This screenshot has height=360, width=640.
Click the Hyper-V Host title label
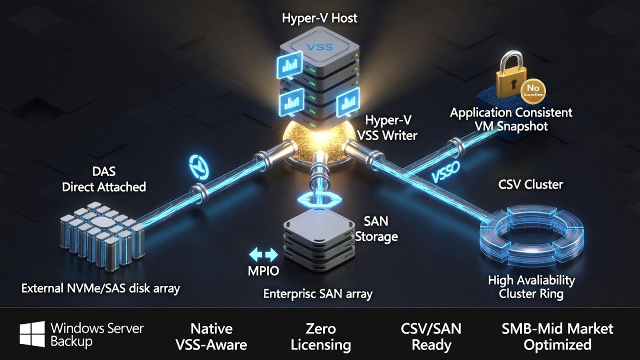point(319,18)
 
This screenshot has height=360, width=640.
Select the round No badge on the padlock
point(532,90)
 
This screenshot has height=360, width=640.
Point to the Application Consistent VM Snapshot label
point(511,119)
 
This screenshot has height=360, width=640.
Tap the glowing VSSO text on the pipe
point(447,173)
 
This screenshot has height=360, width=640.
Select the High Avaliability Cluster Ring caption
point(531,287)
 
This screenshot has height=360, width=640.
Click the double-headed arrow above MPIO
point(263,255)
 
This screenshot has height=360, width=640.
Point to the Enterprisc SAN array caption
point(317,294)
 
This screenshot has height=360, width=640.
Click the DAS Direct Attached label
point(104,179)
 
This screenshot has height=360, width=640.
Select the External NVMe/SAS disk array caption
point(100,288)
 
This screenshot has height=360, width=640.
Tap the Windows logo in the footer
point(32,334)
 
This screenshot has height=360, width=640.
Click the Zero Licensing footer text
point(320,336)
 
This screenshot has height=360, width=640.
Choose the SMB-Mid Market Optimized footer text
point(557,336)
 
